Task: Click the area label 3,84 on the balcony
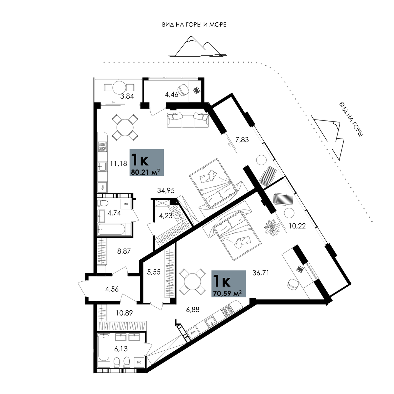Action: [127, 96]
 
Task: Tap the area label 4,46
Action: [171, 95]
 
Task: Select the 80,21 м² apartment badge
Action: [147, 162]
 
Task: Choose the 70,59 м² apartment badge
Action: [229, 284]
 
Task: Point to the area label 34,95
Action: [166, 190]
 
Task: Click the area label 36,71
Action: [261, 273]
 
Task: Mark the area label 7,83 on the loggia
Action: [242, 140]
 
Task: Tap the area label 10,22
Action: [297, 226]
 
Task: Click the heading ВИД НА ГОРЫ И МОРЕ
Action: [194, 25]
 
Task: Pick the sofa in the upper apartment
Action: [188, 120]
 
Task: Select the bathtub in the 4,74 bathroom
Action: [112, 229]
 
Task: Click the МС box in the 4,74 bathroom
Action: [126, 204]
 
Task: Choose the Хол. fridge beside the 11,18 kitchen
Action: [103, 187]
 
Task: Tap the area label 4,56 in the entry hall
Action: [112, 289]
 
